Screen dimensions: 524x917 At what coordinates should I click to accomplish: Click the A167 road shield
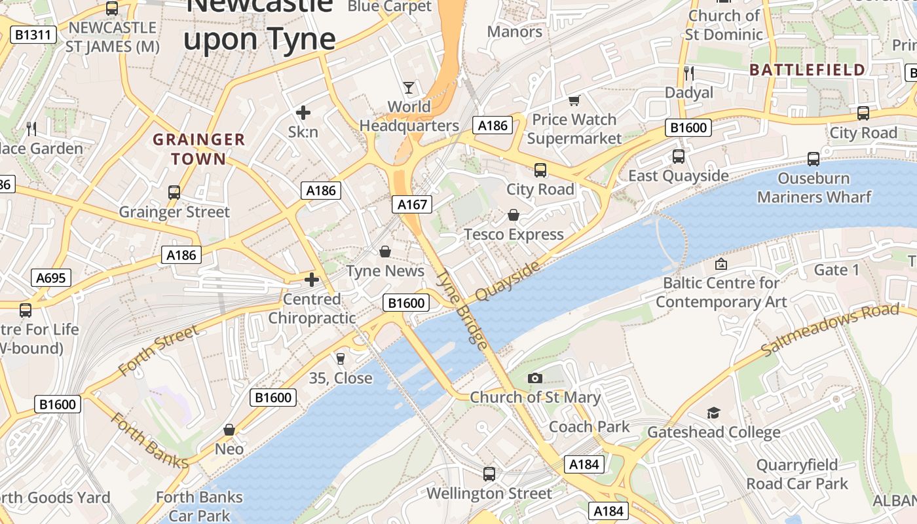(413, 204)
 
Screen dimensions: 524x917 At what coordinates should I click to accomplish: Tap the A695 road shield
(50, 278)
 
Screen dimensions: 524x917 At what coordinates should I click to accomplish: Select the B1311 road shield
(33, 35)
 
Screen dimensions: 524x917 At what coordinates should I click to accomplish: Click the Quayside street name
(508, 281)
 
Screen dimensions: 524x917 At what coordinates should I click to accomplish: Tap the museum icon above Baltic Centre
(721, 264)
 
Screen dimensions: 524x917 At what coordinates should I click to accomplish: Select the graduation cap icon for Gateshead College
(713, 413)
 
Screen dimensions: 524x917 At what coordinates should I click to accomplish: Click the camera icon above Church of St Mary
(535, 378)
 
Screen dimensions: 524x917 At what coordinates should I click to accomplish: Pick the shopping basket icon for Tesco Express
(514, 215)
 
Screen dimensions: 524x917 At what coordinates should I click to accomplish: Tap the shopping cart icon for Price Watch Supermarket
(574, 100)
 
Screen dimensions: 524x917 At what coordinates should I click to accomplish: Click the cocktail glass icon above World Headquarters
(409, 87)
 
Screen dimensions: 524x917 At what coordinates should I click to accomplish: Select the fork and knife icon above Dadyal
(688, 73)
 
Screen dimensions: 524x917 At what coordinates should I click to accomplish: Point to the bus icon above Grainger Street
(174, 192)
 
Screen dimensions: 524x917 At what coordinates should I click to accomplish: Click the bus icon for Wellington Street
(489, 474)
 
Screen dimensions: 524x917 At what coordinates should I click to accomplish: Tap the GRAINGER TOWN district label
(198, 149)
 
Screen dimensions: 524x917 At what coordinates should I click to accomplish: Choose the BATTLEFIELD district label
(807, 70)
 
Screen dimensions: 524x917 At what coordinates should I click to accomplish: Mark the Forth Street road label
(159, 350)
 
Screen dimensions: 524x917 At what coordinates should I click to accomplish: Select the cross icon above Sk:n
(303, 113)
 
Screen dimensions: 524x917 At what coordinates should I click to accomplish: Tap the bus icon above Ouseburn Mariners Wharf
(814, 159)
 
